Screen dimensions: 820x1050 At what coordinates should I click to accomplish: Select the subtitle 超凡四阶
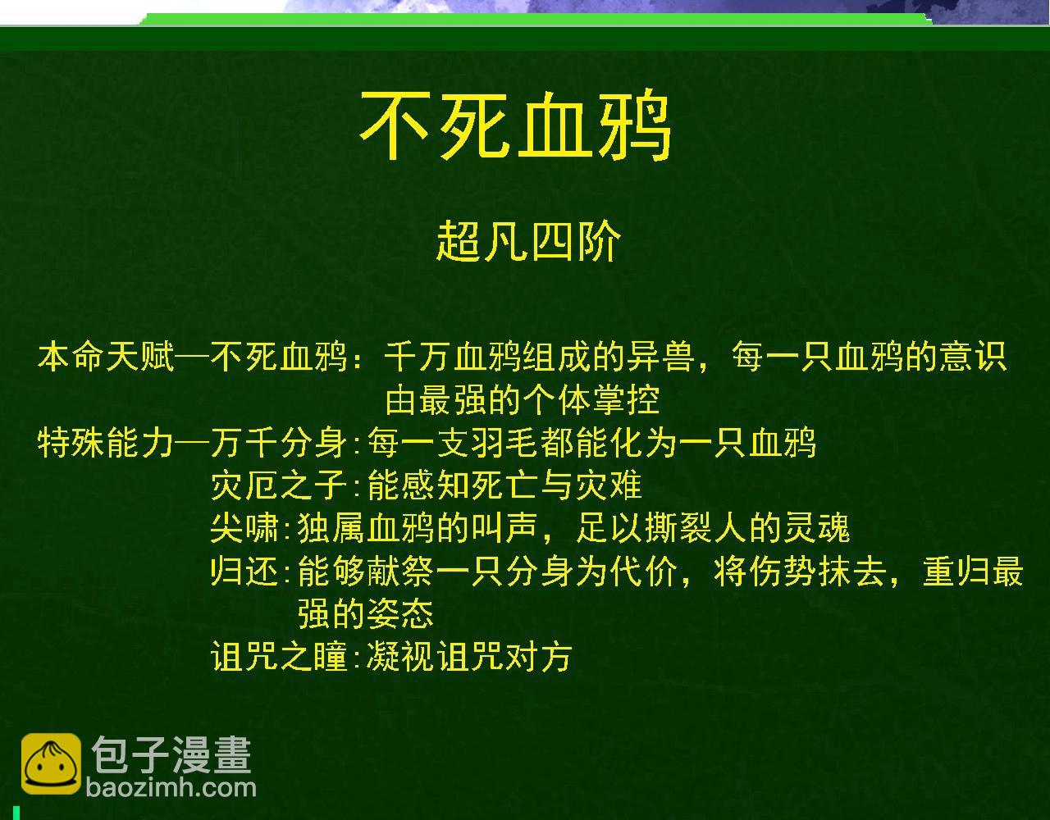[x=528, y=241]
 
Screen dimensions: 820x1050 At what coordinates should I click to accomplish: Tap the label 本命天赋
[x=106, y=358]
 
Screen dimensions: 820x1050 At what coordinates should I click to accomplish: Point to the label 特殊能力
[x=106, y=444]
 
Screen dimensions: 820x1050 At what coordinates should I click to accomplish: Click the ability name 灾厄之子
[x=279, y=486]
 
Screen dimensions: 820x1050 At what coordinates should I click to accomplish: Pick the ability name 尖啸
[x=244, y=529]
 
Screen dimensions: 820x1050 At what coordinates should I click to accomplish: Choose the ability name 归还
[x=244, y=572]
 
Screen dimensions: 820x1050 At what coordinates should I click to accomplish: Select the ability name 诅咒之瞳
[x=279, y=657]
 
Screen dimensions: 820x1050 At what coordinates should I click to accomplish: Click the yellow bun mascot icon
[x=51, y=764]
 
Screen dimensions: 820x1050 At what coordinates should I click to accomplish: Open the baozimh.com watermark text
[x=171, y=789]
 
